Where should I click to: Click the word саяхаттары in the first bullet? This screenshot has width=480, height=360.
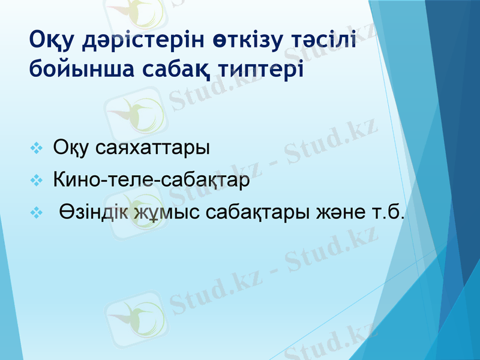pos(152,148)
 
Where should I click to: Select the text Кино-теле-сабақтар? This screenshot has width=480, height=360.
pos(151,179)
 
